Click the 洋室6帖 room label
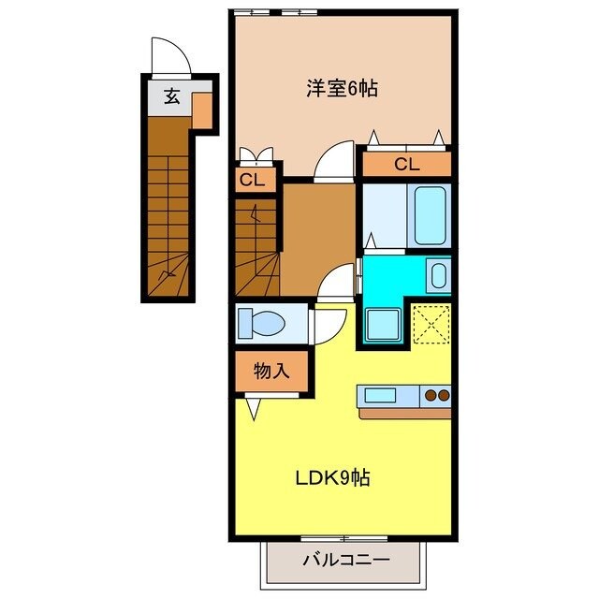(342, 89)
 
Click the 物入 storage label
(271, 371)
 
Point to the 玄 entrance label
(171, 95)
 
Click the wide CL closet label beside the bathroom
(405, 165)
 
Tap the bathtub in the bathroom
(431, 214)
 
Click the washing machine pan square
(383, 324)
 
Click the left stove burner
(431, 395)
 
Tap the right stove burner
(445, 395)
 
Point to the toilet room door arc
(327, 323)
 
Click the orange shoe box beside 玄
(201, 110)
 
